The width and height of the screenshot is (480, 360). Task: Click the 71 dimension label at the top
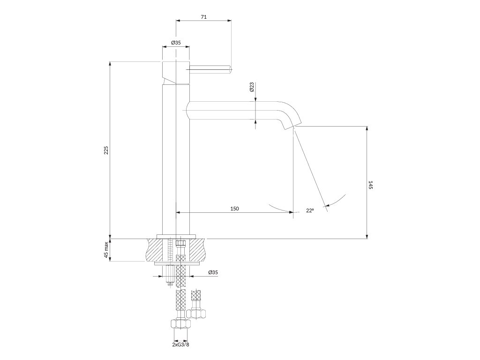point(203,17)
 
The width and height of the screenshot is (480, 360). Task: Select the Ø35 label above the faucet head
point(176,43)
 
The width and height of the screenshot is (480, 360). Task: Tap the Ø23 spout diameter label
point(251,87)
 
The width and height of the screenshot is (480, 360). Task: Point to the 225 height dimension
point(106,150)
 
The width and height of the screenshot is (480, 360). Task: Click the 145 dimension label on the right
point(370,185)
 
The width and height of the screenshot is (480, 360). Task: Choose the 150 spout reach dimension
point(234,209)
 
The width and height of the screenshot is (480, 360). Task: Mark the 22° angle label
point(310,210)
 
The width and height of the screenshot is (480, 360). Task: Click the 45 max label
point(106,250)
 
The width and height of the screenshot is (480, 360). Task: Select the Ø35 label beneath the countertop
point(213,272)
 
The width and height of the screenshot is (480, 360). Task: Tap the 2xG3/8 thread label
point(180,345)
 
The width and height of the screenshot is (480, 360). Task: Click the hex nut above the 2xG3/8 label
point(180,323)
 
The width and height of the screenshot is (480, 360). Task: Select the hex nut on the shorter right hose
point(196,314)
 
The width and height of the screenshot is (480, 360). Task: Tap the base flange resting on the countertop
point(176,236)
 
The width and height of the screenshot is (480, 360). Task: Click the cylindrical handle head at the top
point(175,73)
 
